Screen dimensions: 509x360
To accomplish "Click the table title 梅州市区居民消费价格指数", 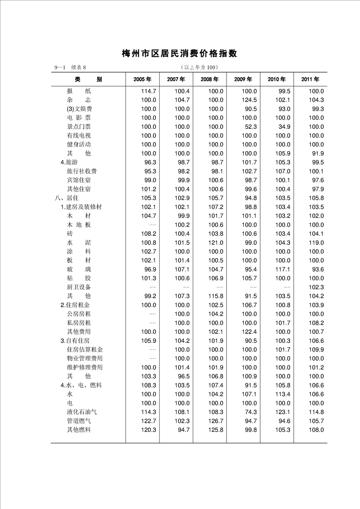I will coord(179,54).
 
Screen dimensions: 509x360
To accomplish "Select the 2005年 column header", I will coord(143,79).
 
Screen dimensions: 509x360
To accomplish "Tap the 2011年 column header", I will coord(310,79).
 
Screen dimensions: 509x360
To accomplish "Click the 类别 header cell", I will coord(89,79).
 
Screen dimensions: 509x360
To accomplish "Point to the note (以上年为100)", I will coord(200,68).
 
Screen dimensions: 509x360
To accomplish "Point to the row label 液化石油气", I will coord(82,412).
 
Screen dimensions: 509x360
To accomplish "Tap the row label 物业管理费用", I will coord(84,358).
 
